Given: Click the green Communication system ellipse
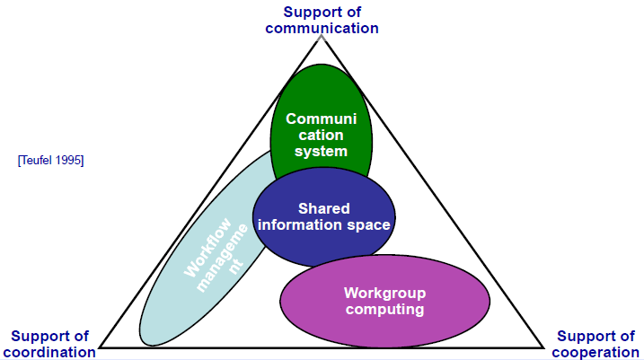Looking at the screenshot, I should pyautogui.click(x=321, y=99).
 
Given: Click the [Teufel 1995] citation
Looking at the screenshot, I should pyautogui.click(x=50, y=160).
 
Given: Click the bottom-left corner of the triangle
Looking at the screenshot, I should pyautogui.click(x=101, y=347).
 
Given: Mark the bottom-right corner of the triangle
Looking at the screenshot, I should pyautogui.click(x=543, y=347).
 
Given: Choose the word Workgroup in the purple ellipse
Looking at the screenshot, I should pyautogui.click(x=384, y=293).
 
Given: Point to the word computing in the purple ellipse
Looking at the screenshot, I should pyautogui.click(x=384, y=310).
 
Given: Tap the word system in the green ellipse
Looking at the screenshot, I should pyautogui.click(x=321, y=151).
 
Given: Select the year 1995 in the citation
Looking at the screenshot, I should pyautogui.click(x=70, y=160).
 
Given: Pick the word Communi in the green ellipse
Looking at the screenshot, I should pyautogui.click(x=321, y=118).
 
